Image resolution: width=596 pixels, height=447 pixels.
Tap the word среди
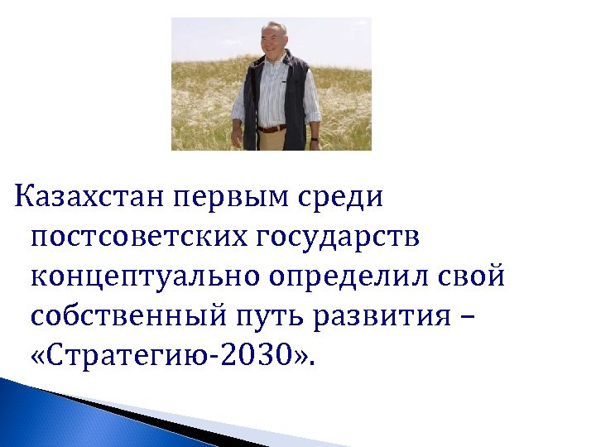(x=347, y=199)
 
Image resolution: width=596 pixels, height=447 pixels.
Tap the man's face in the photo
(x=273, y=41)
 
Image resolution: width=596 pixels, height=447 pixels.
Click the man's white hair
(x=273, y=27)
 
